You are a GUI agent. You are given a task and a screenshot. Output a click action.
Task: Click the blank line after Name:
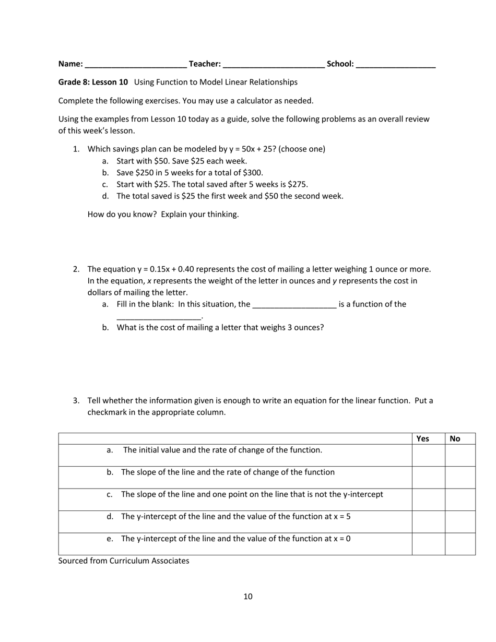tap(135, 65)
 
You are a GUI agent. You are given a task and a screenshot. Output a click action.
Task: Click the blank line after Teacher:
tap(273, 65)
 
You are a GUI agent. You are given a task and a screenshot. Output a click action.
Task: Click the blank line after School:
tap(396, 65)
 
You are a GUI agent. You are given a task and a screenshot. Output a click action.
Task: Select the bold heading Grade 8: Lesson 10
tap(93, 82)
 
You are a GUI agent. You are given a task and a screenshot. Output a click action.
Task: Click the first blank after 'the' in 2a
tap(294, 305)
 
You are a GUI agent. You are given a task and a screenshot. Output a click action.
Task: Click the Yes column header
tap(423, 439)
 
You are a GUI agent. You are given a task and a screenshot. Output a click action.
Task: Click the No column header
tap(455, 439)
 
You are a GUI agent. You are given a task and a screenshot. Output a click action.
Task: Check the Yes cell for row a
tap(428, 455)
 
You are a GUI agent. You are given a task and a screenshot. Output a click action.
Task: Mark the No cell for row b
tap(460, 478)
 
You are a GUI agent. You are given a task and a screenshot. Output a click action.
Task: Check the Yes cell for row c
tap(428, 500)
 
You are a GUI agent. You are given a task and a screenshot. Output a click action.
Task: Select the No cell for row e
tap(460, 544)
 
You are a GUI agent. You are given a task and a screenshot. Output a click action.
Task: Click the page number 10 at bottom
tap(248, 597)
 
